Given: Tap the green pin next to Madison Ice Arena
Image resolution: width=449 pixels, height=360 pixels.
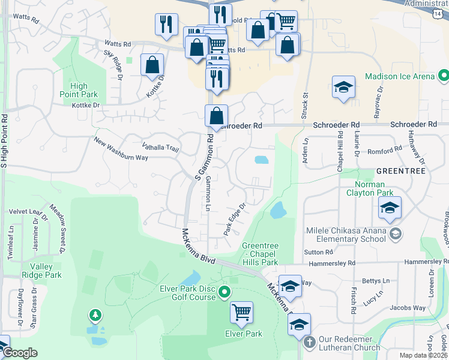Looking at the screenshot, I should (x=444, y=76).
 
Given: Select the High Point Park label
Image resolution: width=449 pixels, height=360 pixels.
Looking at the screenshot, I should (x=79, y=90).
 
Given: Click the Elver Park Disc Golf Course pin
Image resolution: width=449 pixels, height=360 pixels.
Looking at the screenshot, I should (x=224, y=293).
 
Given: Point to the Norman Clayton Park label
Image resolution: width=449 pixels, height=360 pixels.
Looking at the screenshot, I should (x=370, y=188).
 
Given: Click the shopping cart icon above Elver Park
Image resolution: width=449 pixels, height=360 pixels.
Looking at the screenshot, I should (x=241, y=311).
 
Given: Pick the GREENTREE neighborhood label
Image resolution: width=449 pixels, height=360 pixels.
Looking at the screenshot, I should (x=400, y=171).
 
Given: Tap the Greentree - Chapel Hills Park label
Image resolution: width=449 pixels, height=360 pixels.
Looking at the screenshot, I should (x=260, y=254).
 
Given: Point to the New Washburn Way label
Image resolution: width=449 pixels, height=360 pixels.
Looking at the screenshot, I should (x=121, y=149).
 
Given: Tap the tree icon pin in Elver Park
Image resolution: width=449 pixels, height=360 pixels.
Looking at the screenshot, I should (x=94, y=315).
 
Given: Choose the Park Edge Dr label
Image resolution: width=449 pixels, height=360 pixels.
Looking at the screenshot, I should (x=235, y=219).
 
